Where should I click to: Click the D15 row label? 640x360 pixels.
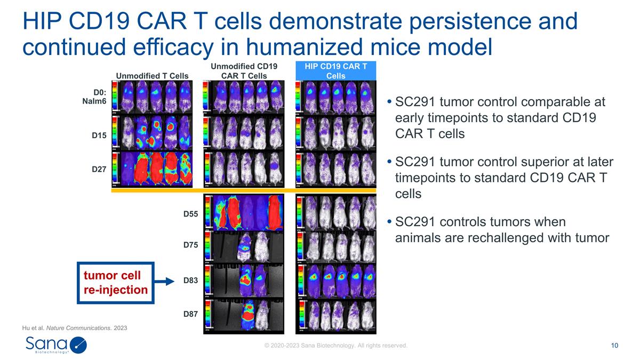pyautogui.click(x=99, y=135)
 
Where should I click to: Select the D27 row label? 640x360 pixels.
pyautogui.click(x=99, y=169)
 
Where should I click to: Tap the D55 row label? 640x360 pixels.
pyautogui.click(x=190, y=214)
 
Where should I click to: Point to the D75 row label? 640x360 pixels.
pyautogui.click(x=190, y=245)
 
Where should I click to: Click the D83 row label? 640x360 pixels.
pyautogui.click(x=190, y=281)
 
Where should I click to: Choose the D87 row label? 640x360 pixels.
pyautogui.click(x=190, y=314)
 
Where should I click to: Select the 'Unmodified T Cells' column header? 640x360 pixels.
pyautogui.click(x=152, y=75)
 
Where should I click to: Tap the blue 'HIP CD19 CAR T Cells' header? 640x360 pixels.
pyautogui.click(x=336, y=70)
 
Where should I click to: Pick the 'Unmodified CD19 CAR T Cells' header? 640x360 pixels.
pyautogui.click(x=244, y=70)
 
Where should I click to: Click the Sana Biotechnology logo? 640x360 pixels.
pyautogui.click(x=56, y=346)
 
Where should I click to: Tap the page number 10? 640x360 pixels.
pyautogui.click(x=614, y=346)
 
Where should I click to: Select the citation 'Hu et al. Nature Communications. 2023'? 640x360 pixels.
pyautogui.click(x=75, y=327)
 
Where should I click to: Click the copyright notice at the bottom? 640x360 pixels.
pyautogui.click(x=336, y=346)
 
